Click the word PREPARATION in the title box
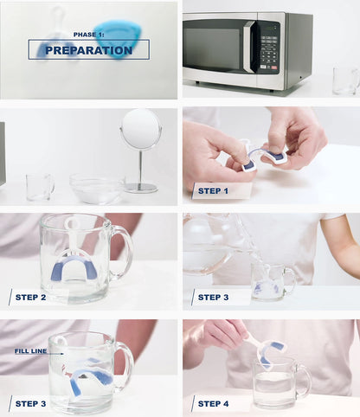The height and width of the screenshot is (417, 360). (88, 51)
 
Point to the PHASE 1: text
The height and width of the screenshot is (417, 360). (88, 35)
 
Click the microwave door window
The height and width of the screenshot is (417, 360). (216, 47)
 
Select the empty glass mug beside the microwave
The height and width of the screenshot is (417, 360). (344, 80)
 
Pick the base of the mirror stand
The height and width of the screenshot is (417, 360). (141, 187)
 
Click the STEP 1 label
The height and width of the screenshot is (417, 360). (213, 189)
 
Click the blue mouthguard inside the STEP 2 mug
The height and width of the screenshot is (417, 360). (74, 267)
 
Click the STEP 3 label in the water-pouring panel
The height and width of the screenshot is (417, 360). (213, 298)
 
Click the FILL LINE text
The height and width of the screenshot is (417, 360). (31, 352)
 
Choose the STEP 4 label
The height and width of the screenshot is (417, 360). (213, 404)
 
